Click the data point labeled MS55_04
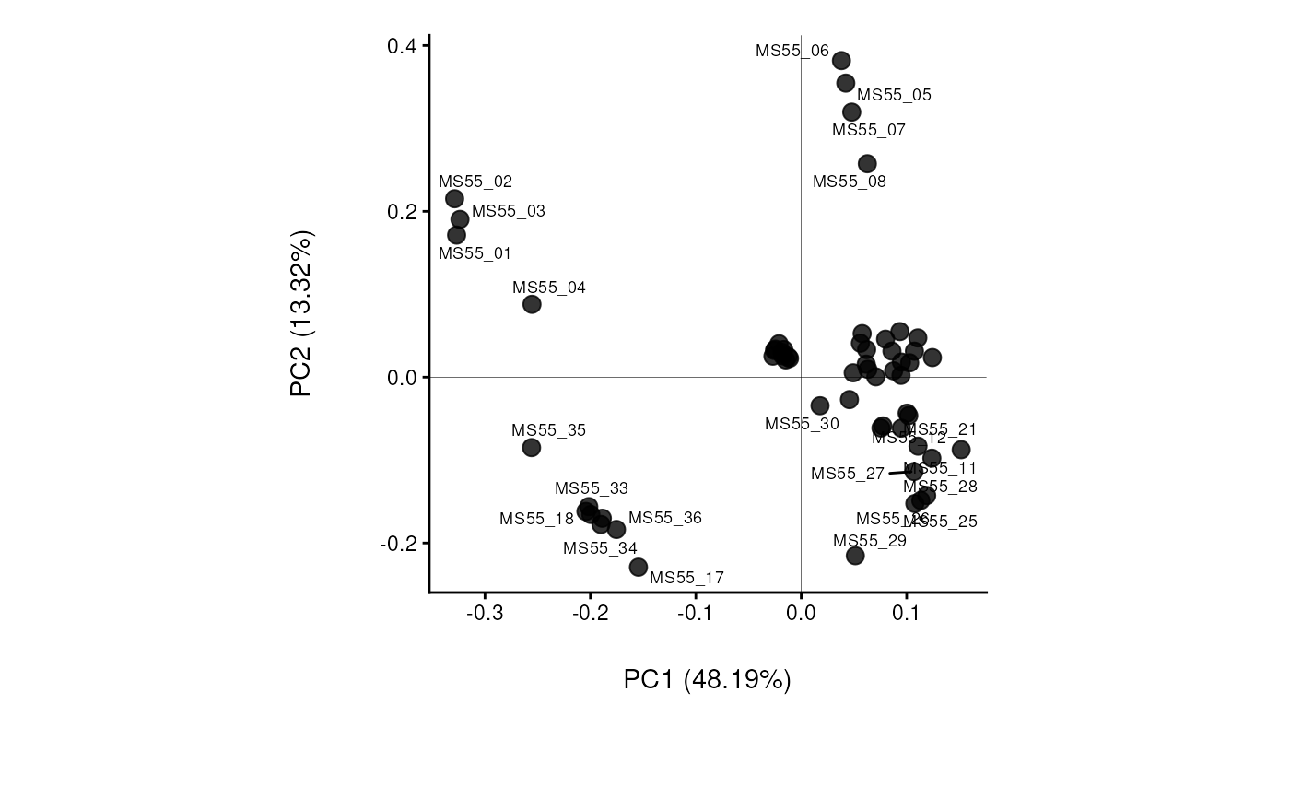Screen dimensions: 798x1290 tap(532, 304)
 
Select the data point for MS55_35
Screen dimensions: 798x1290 tap(532, 448)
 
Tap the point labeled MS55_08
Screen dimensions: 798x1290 tap(867, 164)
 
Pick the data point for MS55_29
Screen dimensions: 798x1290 tap(855, 556)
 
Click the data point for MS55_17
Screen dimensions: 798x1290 tap(639, 567)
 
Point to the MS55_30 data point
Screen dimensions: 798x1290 tap(820, 405)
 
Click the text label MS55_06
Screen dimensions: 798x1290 tap(792, 52)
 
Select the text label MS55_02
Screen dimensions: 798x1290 tap(475, 182)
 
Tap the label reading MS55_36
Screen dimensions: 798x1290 tap(665, 518)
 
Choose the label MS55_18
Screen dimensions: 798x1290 tap(536, 519)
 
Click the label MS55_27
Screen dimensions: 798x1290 tap(848, 474)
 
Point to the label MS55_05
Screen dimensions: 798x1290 tap(894, 95)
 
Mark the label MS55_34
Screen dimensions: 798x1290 tap(600, 548)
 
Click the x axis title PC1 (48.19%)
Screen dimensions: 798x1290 tap(708, 680)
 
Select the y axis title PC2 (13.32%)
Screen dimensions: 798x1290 tap(302, 313)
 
